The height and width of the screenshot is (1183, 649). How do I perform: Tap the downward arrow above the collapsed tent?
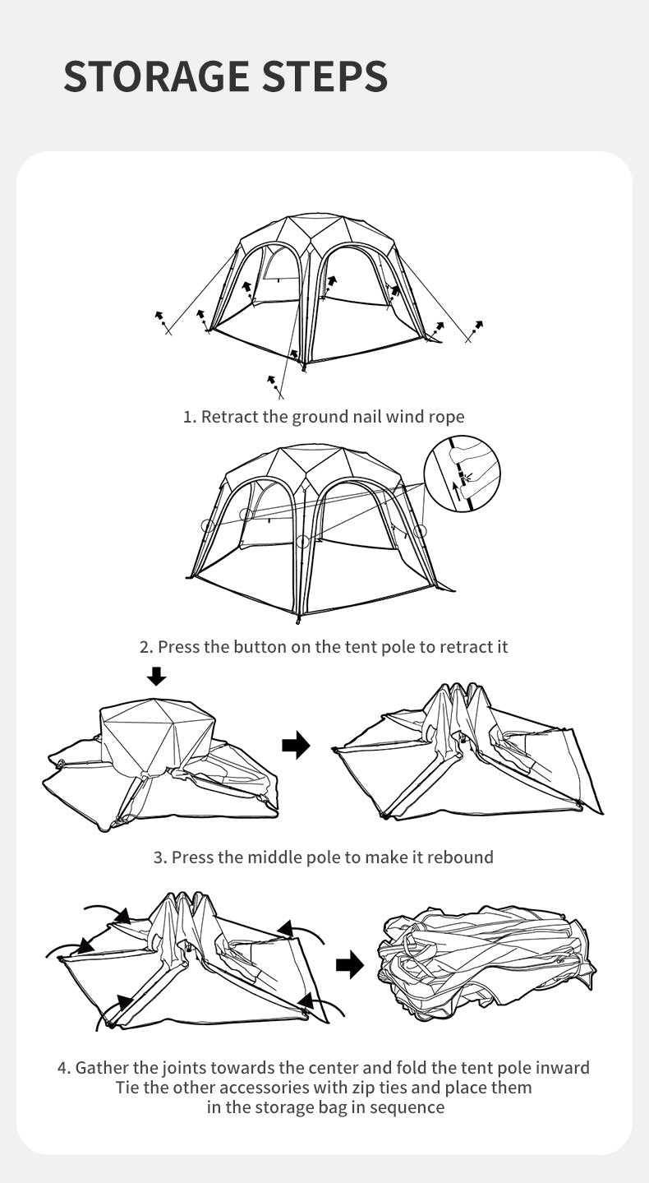[x=156, y=676]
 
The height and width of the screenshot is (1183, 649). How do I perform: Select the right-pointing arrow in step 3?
[x=296, y=746]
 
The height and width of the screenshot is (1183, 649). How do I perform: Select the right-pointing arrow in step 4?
[x=350, y=964]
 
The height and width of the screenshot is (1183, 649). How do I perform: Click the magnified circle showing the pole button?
[x=463, y=474]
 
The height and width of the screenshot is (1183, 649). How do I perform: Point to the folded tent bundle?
[x=488, y=963]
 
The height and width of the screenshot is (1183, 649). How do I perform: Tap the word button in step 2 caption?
[x=260, y=647]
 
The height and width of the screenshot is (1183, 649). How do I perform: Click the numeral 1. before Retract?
[x=189, y=417]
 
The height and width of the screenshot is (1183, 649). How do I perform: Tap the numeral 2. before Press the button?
[x=146, y=647]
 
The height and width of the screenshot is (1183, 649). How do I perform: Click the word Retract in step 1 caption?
[x=230, y=417]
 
